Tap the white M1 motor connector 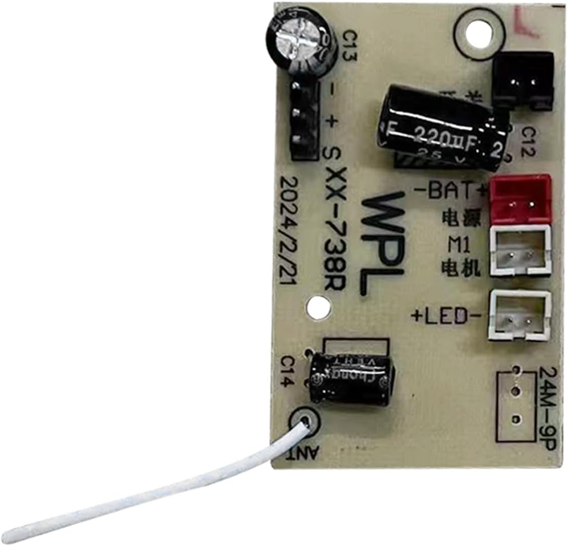click(519, 251)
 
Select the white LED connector click(519, 316)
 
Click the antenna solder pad click(304, 421)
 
